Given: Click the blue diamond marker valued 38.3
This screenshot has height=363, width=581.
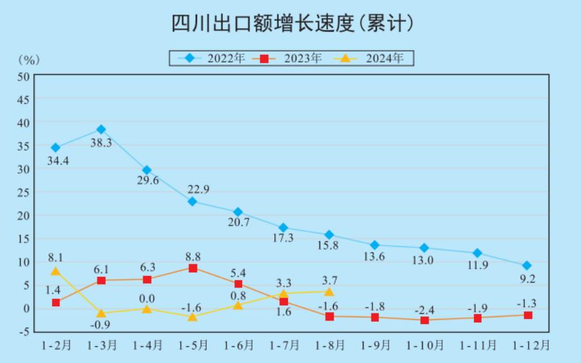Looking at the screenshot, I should (x=101, y=130).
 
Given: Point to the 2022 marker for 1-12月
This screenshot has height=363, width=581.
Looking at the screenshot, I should (x=527, y=266).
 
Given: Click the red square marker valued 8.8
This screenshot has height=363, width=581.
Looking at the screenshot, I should (x=192, y=268).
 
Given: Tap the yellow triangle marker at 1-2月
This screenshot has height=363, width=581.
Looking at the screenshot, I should (x=56, y=271).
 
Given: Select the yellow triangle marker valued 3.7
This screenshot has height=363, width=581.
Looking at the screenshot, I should (x=329, y=291).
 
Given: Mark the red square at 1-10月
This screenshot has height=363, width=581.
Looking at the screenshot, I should (x=425, y=320).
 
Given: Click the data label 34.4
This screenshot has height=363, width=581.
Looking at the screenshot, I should (x=57, y=161).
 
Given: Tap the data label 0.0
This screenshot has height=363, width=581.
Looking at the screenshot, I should (x=147, y=298).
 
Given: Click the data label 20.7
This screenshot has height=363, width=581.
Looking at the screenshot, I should (x=238, y=222).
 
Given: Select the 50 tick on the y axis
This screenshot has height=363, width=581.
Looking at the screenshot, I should (x=23, y=76).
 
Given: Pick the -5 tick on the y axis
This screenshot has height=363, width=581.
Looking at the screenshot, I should (x=23, y=331).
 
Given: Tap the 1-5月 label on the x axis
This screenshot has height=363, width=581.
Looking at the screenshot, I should (x=192, y=346).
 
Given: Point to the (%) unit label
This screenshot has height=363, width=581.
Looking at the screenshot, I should (x=29, y=60).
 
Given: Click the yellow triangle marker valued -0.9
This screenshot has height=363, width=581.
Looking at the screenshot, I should (x=101, y=313).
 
